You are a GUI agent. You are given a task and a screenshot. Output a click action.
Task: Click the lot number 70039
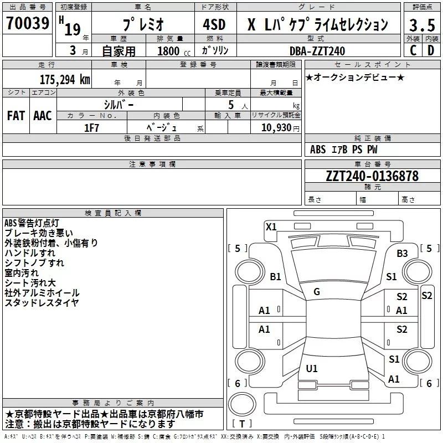[27, 23]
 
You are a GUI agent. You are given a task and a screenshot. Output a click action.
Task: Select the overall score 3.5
[422, 25]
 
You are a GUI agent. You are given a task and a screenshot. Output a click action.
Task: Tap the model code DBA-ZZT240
[317, 51]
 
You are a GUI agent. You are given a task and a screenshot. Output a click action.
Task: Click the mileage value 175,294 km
[65, 79]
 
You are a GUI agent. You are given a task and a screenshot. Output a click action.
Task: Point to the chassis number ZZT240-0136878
[372, 176]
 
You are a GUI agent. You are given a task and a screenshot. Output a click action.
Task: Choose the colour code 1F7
[91, 127]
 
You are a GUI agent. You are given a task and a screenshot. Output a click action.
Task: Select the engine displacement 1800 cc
[168, 51]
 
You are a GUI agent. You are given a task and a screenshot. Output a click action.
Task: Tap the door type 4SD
[213, 25]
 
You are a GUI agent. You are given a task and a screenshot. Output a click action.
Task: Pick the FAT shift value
[16, 116]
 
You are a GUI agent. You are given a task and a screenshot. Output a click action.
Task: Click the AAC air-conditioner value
[43, 116]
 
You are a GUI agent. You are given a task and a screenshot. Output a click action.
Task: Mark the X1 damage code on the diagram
[271, 226]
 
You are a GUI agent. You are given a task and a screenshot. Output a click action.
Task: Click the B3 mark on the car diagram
[402, 254]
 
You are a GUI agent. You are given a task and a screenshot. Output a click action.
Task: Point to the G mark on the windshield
[317, 292]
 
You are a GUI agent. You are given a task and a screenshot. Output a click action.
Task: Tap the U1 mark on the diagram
[312, 368]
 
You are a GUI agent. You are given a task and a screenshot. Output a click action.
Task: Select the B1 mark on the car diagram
[275, 277]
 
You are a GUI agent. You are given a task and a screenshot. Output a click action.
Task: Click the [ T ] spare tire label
[242, 424]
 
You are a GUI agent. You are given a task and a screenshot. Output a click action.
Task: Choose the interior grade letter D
[430, 50]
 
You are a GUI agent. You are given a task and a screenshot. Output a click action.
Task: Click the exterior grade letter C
[413, 50]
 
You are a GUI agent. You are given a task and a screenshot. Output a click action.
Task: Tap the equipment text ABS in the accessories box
[318, 150]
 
